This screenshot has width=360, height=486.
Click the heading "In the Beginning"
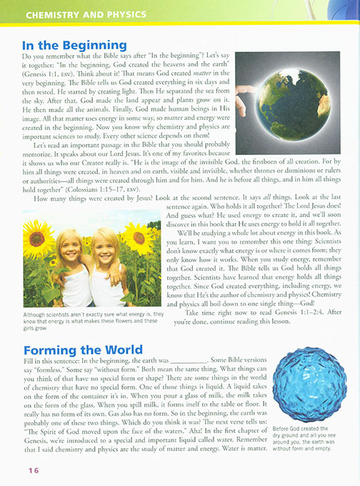(74, 45)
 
